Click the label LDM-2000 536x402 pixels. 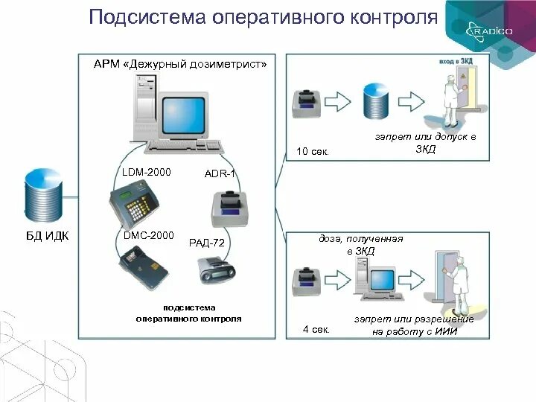pyautogui.click(x=147, y=173)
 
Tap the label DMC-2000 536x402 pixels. pyautogui.click(x=147, y=236)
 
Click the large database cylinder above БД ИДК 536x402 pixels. pyautogui.click(x=44, y=196)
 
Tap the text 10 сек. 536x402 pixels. pyautogui.click(x=313, y=152)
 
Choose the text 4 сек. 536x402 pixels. pyautogui.click(x=315, y=328)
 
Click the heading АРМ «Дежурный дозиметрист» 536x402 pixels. pyautogui.click(x=179, y=64)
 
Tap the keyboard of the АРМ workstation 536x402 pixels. pyautogui.click(x=185, y=147)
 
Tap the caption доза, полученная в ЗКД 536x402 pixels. pyautogui.click(x=361, y=245)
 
